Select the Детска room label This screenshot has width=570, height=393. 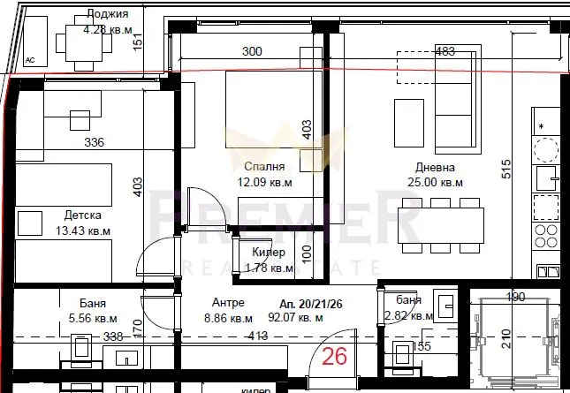[82, 215]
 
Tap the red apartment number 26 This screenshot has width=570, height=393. [334, 358]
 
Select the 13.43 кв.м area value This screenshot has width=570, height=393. [82, 231]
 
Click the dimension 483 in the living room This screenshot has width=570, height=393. [446, 52]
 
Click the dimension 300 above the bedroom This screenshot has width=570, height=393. [252, 52]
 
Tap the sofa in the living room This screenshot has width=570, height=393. [460, 99]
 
